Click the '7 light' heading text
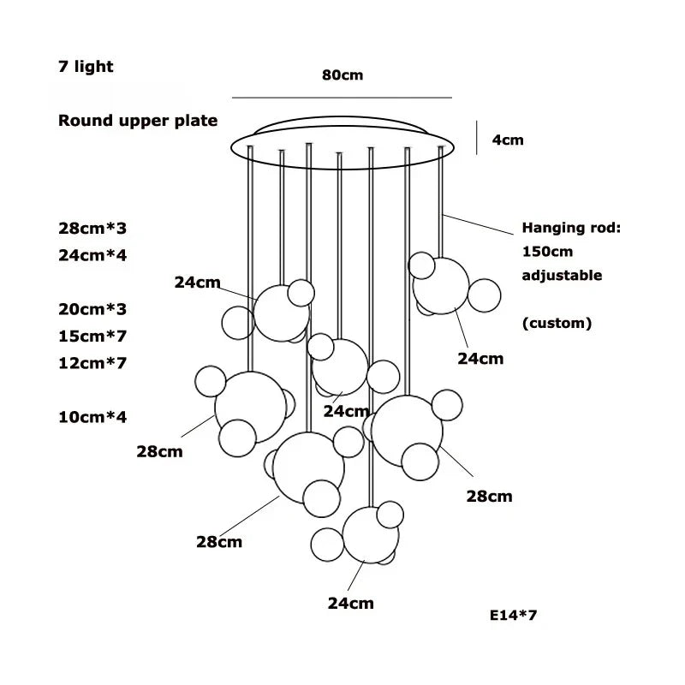[86, 67]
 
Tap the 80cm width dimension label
[342, 75]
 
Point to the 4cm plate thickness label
[507, 140]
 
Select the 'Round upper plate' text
[138, 121]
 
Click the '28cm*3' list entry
[92, 229]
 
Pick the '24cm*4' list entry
[92, 254]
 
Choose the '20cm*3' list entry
[92, 308]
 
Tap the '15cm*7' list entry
[92, 336]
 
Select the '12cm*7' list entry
[92, 363]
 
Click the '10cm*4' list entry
[92, 417]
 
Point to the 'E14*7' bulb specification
[514, 615]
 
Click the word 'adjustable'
[562, 276]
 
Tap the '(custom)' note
[557, 324]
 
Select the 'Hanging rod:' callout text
[570, 229]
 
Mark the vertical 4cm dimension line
[477, 137]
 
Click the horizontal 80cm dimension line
[342, 97]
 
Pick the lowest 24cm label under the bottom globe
[351, 604]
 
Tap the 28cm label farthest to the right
[489, 496]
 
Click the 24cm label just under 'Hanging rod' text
[480, 360]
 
